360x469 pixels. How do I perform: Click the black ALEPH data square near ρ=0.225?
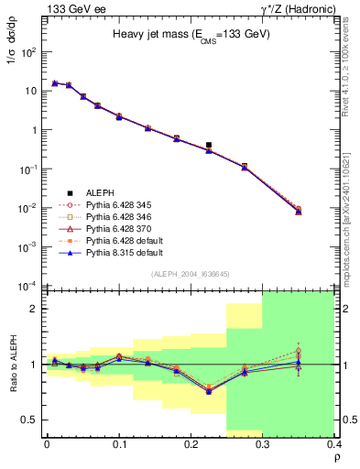pyautogui.click(x=209, y=145)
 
